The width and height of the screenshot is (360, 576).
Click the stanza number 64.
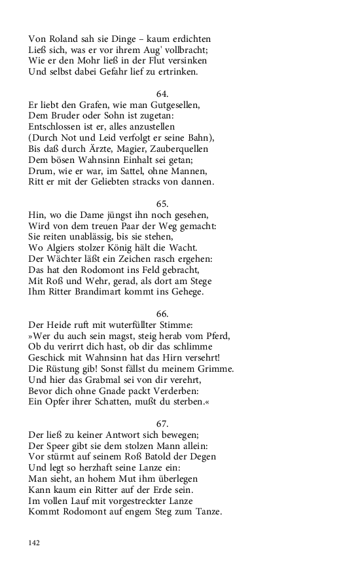click(x=163, y=94)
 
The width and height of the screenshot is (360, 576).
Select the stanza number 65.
click(x=163, y=205)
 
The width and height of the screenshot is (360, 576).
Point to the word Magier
click(x=132, y=150)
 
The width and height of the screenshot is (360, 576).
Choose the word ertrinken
click(x=190, y=72)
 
